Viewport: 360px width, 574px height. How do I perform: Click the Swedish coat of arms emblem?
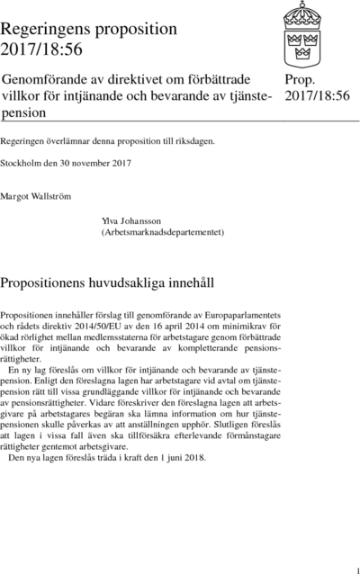tap(311, 31)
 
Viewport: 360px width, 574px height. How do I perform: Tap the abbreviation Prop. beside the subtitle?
tap(301, 81)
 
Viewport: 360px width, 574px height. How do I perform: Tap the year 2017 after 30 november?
tap(121, 163)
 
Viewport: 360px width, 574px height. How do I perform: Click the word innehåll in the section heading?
tap(188, 283)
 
